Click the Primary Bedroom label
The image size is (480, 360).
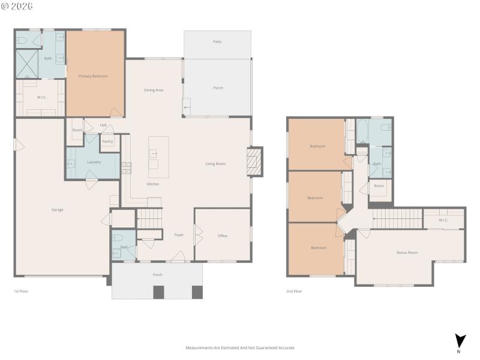(x=93, y=76)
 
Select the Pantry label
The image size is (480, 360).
(x=107, y=142)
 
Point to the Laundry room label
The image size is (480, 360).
(x=94, y=162)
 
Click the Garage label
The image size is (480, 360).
(x=57, y=209)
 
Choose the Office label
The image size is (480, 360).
(x=223, y=236)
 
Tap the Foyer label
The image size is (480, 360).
(x=179, y=235)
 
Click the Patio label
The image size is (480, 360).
(x=217, y=41)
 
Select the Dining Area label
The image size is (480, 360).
(x=154, y=90)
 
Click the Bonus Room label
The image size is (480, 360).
(x=407, y=253)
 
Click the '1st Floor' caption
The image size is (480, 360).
(x=21, y=291)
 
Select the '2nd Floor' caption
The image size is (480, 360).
(x=294, y=291)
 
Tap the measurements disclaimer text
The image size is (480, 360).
(x=239, y=347)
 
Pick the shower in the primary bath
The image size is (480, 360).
(x=27, y=63)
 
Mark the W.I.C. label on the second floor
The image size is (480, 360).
(x=443, y=220)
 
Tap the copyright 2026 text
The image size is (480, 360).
(x=17, y=6)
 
